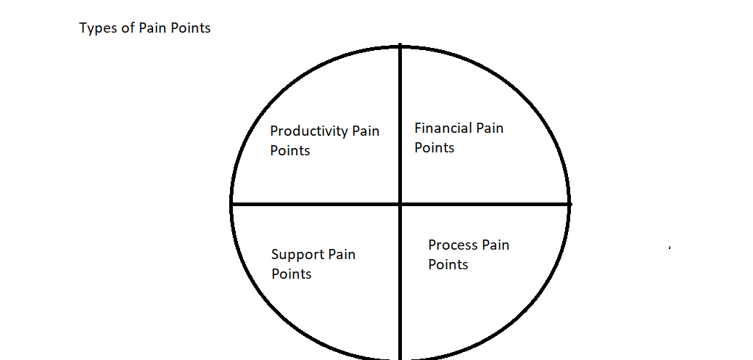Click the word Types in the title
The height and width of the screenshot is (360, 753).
coord(96,29)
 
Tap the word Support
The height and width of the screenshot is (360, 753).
coord(297,255)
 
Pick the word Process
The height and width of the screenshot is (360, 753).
coord(453,245)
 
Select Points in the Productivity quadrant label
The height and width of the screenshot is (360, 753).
coord(290,151)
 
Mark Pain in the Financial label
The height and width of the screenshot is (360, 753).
coord(490,128)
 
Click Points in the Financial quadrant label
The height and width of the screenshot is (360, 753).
coord(435,148)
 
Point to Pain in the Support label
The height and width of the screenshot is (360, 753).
coord(342,255)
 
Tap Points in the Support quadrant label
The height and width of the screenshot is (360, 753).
coord(292,274)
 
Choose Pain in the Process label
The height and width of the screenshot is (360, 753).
coord(495,245)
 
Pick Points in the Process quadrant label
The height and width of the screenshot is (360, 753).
coord(448,265)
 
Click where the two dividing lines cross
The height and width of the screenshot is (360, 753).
coord(400,204)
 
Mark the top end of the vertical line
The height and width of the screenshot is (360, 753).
coord(400,46)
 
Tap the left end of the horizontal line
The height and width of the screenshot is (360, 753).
coord(232,205)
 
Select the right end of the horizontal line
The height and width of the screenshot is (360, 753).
coord(569,204)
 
